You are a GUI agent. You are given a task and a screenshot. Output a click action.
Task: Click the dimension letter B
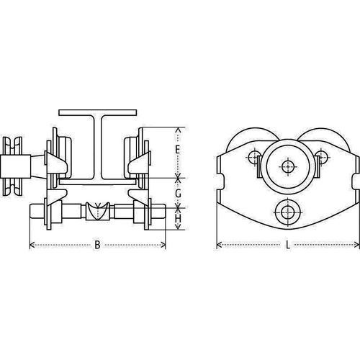click(x=97, y=246)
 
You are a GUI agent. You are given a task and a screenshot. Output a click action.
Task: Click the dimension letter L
click(x=288, y=246)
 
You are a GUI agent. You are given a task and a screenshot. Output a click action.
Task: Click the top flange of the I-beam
click(x=98, y=113)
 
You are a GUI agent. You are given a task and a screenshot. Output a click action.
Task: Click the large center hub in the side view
click(x=288, y=167)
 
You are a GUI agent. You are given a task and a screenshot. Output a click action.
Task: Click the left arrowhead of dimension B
click(x=31, y=246)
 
